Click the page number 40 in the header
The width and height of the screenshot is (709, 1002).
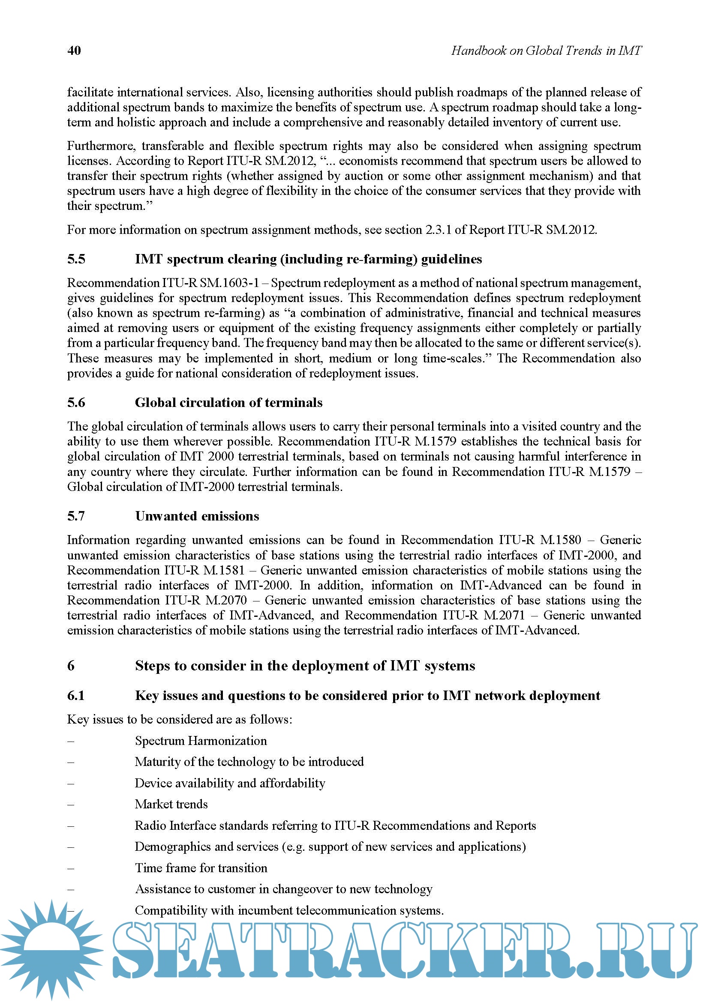coord(74,51)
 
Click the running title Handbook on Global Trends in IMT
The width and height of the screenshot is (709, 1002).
coord(546,51)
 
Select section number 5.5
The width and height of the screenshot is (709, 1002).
coord(76,259)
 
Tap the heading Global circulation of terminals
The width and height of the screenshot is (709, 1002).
coord(228,402)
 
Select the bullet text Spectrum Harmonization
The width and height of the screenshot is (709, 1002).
coord(201,741)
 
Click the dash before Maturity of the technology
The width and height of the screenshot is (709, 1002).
coord(71,762)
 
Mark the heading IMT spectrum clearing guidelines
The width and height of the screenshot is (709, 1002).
coord(308,259)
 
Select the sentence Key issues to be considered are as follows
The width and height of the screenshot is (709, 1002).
coord(180,719)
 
